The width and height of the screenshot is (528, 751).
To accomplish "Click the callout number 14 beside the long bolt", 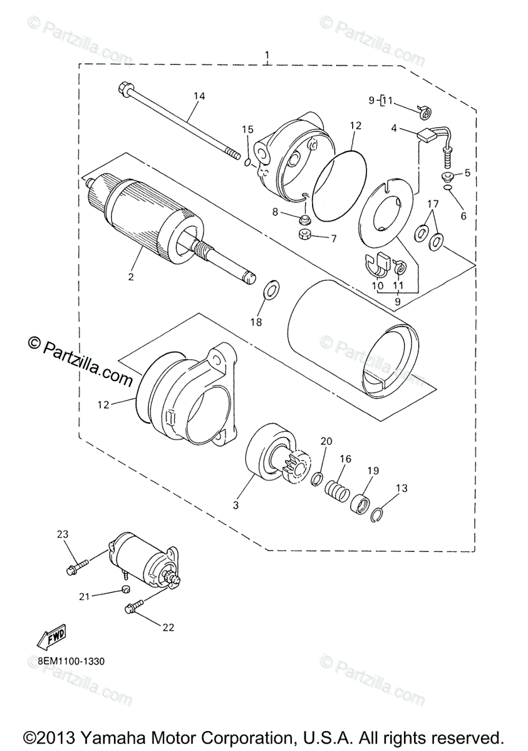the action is pyautogui.click(x=199, y=96).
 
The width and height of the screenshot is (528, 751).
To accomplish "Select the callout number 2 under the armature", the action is pyautogui.click(x=130, y=277).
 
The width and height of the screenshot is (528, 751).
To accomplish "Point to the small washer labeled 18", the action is pyautogui.click(x=272, y=288).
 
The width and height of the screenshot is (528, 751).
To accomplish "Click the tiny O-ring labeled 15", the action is pyautogui.click(x=247, y=163).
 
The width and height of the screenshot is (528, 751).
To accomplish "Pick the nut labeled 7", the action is pyautogui.click(x=305, y=233).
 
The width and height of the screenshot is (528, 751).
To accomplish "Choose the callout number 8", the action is pyautogui.click(x=275, y=212).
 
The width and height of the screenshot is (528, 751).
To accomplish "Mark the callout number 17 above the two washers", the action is pyautogui.click(x=433, y=203).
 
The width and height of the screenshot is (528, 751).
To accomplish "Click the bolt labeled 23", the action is pyautogui.click(x=77, y=566).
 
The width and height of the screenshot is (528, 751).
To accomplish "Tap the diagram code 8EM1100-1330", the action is pyautogui.click(x=71, y=662).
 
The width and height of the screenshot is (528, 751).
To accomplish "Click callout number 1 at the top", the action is pyautogui.click(x=267, y=54).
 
